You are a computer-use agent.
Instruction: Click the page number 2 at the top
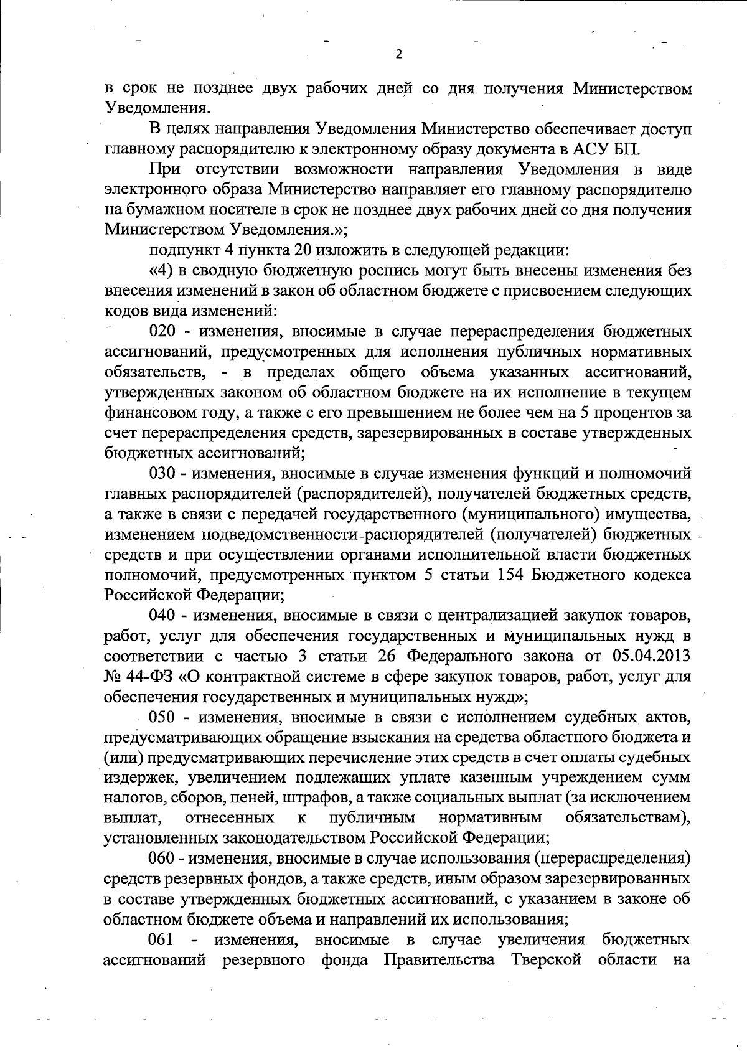point(399,54)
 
